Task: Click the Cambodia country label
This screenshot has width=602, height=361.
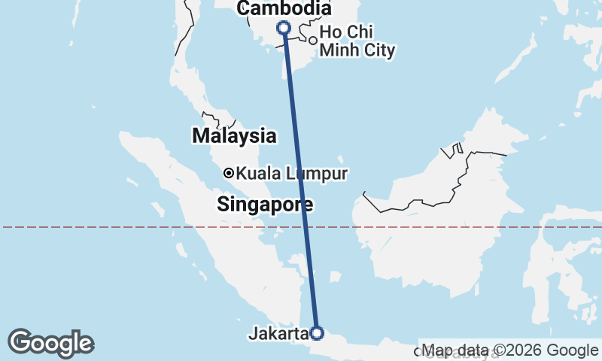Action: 284,9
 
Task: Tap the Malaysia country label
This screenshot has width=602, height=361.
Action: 234,136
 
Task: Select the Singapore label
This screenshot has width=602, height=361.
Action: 265,204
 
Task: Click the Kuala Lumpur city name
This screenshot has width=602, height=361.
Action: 291,174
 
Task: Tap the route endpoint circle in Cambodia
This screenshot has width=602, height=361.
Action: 284,28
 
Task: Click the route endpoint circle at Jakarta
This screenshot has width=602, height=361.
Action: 317,332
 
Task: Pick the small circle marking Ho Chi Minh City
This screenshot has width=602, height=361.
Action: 312,40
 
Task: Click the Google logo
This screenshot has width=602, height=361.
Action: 50,343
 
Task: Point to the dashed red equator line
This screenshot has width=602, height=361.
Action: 150,226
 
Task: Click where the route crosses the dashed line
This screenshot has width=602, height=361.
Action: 306,226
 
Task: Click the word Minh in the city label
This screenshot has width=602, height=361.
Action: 336,51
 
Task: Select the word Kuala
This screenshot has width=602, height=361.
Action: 255,174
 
